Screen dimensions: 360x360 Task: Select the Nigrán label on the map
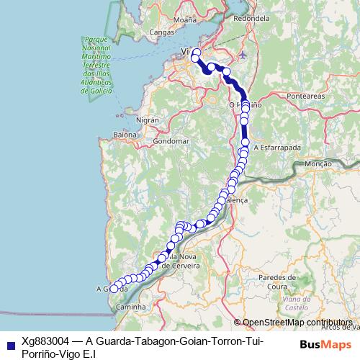click(146, 121)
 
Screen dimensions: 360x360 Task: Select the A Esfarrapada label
click(276, 146)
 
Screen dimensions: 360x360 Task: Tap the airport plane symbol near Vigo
click(242, 54)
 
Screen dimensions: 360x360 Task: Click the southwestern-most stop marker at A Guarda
click(113, 289)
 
